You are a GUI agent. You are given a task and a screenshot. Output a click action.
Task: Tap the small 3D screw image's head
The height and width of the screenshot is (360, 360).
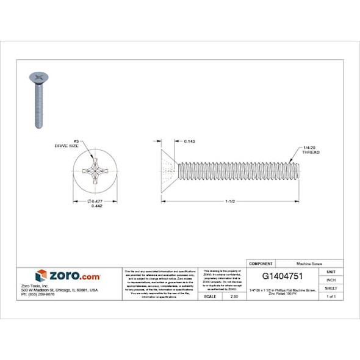pos(37,77)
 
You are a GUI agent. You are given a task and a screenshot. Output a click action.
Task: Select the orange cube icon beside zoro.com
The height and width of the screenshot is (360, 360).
pos(41,275)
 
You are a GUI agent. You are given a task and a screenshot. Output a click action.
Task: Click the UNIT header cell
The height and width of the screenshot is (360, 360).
pos(330,271)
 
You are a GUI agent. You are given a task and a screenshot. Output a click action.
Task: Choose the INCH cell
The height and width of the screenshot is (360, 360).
pos(330,279)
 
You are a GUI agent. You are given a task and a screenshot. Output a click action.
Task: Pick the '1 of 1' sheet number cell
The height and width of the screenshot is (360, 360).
pos(330,296)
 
